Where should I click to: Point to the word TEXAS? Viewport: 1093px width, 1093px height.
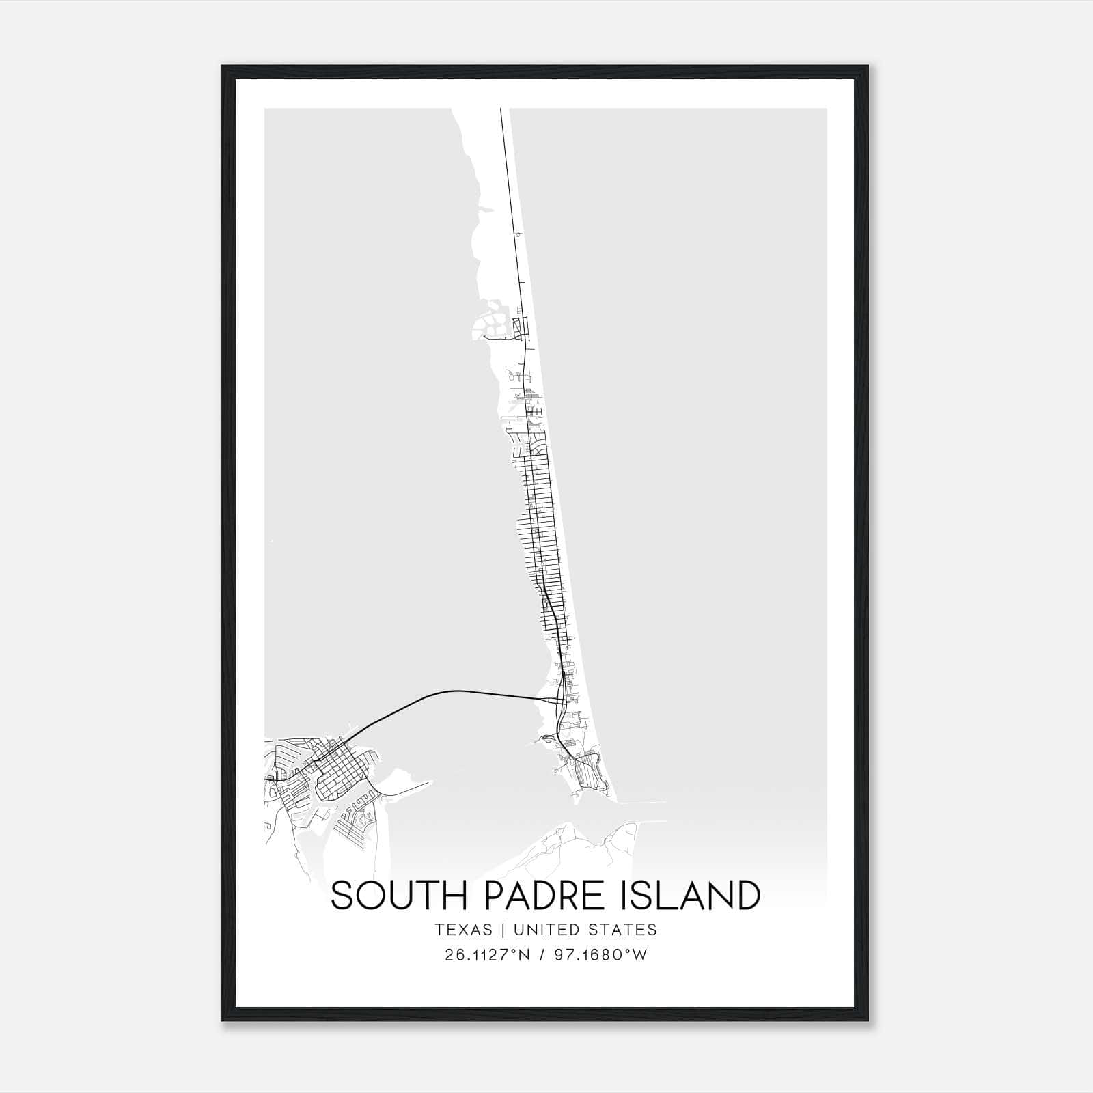pos(462,930)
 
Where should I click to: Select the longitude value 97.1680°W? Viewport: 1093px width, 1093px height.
pos(600,955)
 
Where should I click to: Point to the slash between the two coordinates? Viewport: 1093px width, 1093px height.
pos(542,955)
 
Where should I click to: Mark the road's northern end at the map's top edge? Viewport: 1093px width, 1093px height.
pos(501,111)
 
